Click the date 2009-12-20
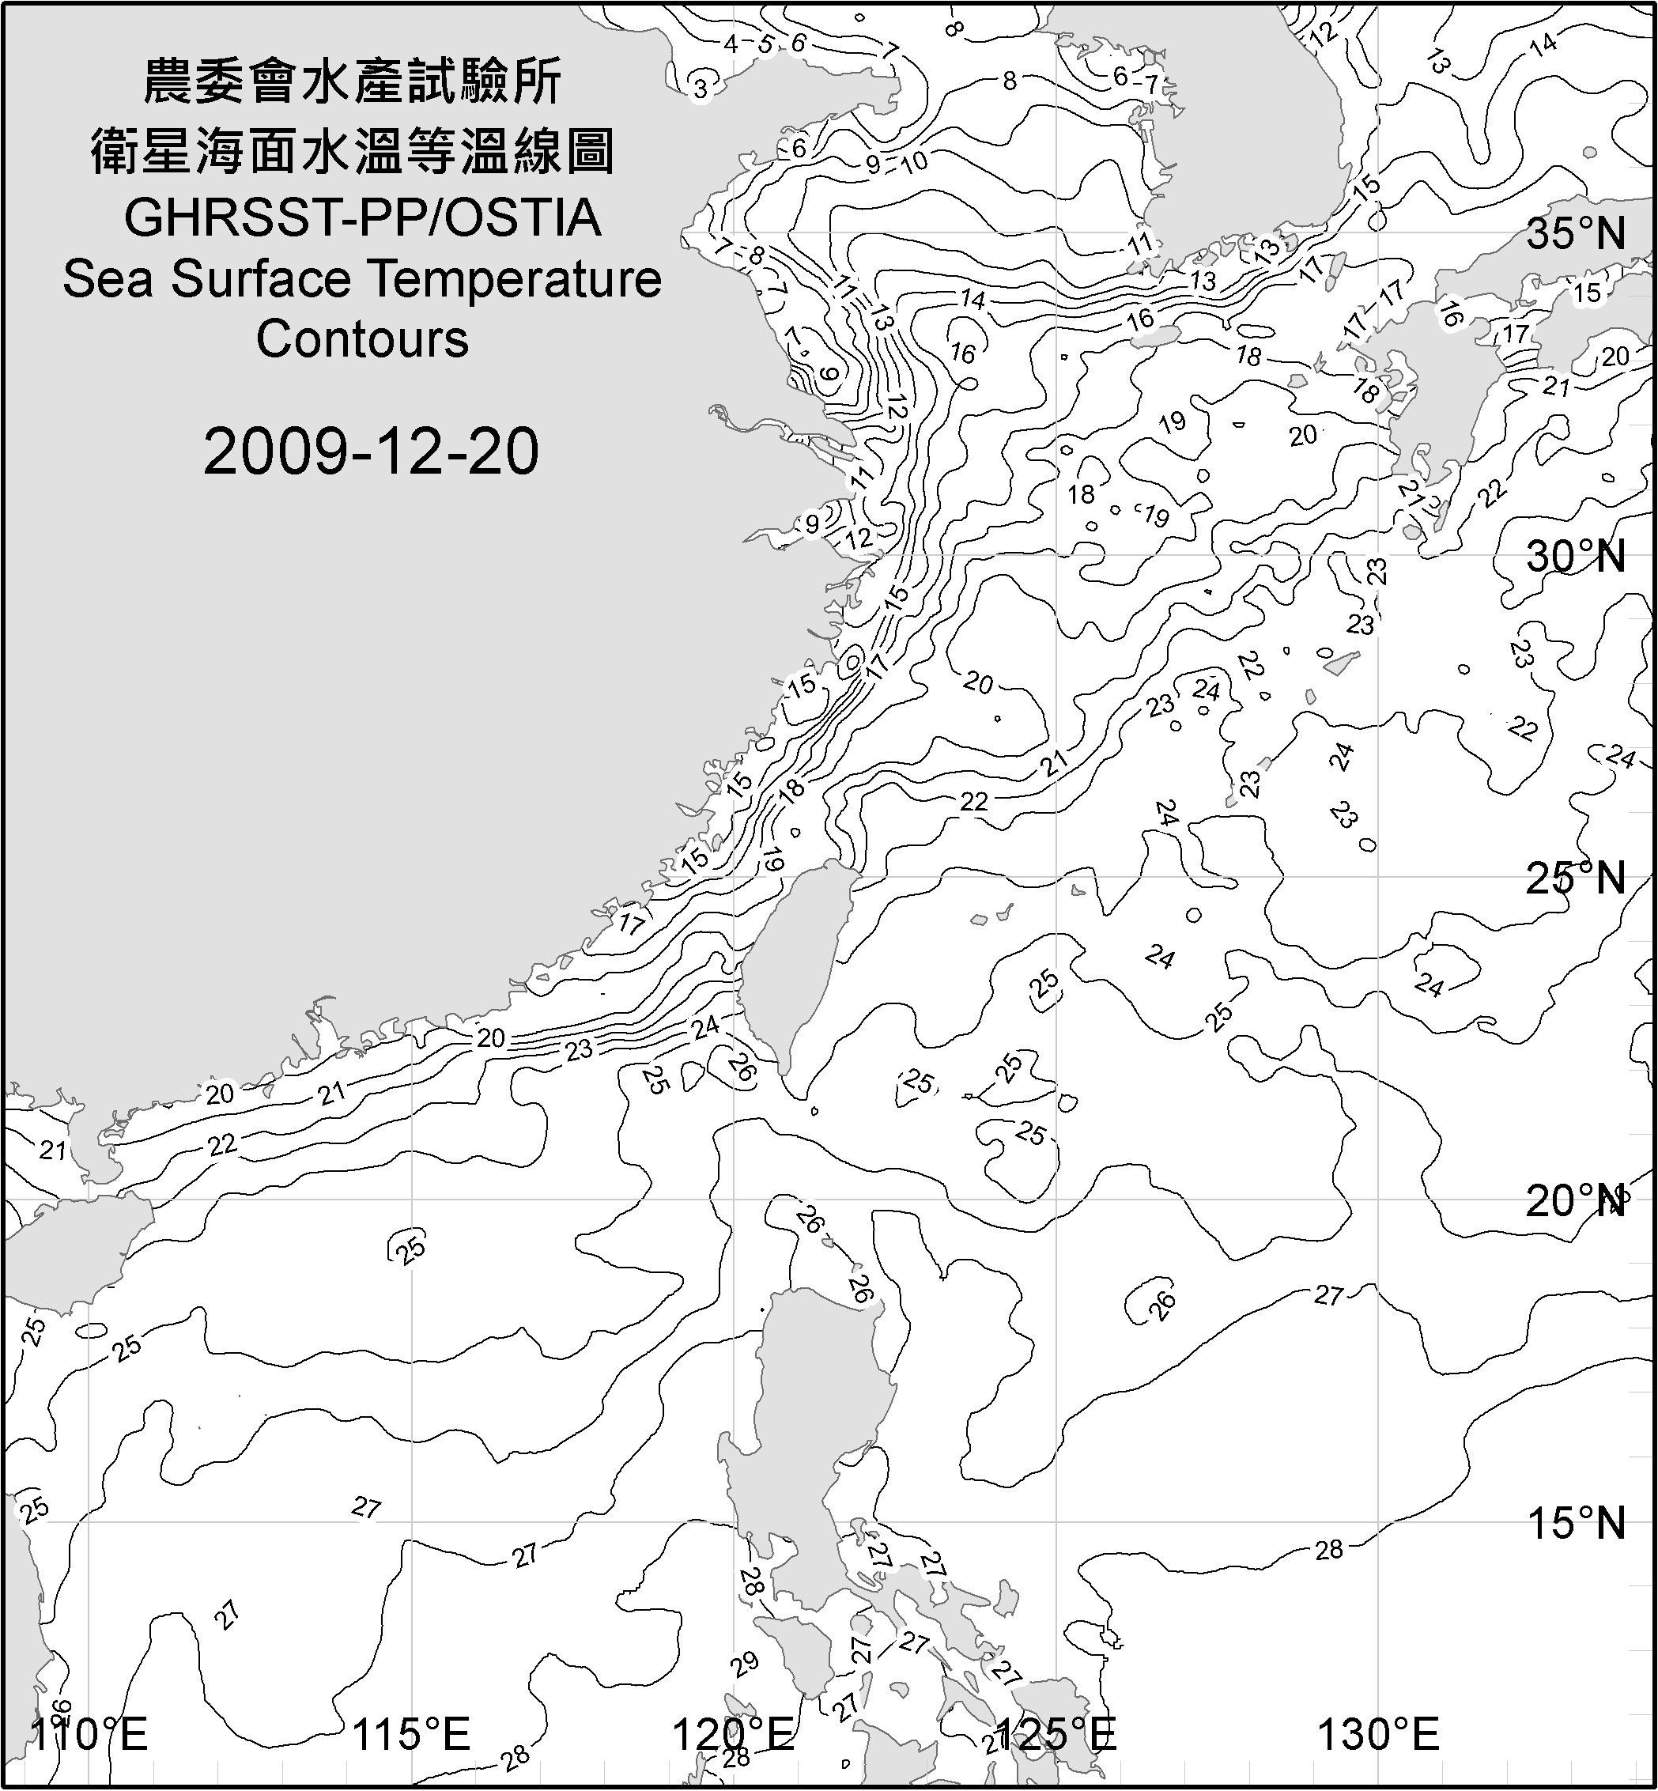click(x=371, y=452)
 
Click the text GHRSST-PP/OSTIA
click(x=362, y=218)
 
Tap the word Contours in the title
click(x=362, y=339)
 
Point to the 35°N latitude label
click(x=1576, y=234)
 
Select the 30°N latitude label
click(x=1576, y=557)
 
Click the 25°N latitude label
click(x=1576, y=878)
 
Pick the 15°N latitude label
click(x=1576, y=1523)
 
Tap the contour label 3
click(x=701, y=89)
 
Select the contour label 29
click(x=744, y=1665)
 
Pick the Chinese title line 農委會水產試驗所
click(x=353, y=82)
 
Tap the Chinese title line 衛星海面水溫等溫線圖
click(x=353, y=151)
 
